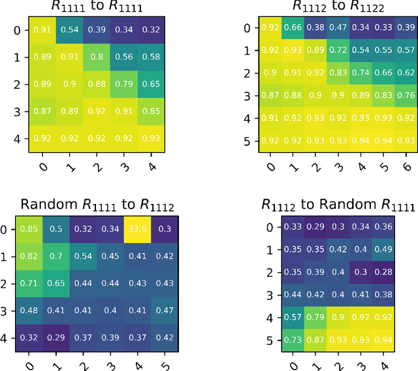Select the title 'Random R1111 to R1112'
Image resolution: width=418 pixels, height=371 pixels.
point(97,206)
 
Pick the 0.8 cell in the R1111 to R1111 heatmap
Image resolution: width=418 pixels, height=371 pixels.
point(97,56)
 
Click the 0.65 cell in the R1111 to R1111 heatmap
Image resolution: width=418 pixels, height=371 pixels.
point(150,84)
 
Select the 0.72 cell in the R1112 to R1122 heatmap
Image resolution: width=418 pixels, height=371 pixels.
point(338,50)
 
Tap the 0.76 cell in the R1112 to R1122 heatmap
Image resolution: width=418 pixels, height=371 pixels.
point(406,95)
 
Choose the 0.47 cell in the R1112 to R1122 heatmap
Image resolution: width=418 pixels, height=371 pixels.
point(338,27)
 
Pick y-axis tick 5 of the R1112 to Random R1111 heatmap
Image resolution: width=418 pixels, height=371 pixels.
point(267,340)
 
